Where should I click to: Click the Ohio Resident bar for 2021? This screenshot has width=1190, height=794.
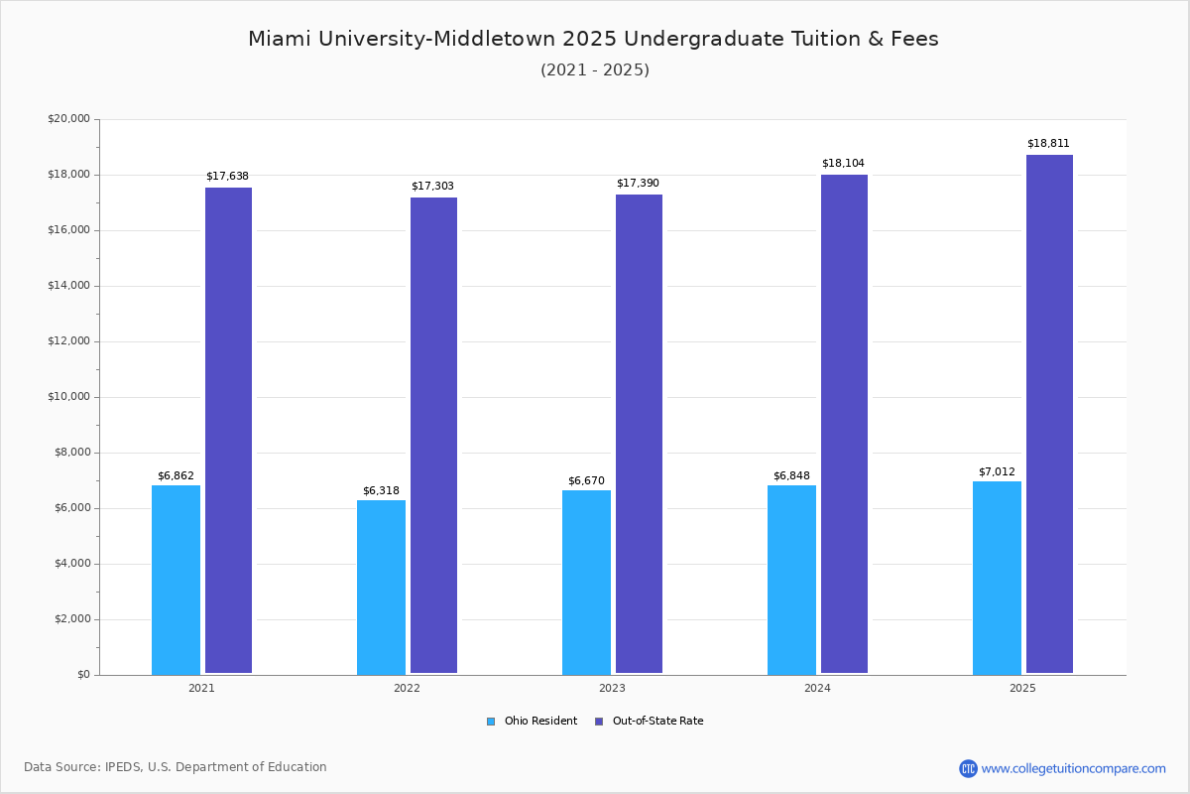[176, 580]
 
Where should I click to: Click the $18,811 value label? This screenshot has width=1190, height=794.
[1048, 144]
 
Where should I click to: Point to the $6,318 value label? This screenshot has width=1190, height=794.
[381, 491]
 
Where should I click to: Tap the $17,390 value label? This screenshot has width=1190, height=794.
[638, 184]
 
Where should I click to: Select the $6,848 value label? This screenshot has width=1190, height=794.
[791, 476]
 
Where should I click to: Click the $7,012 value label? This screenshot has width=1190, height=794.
[997, 472]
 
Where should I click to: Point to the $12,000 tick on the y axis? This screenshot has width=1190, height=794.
[68, 341]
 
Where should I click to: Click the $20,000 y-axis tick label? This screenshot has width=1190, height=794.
[68, 119]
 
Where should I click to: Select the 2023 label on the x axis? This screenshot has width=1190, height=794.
[612, 688]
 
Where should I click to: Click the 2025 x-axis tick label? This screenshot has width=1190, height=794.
[1022, 688]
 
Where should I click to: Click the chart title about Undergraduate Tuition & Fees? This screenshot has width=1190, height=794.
[593, 39]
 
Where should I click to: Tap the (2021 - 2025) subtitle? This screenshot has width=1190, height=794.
[595, 70]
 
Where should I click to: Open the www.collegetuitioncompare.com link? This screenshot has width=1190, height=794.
[1073, 768]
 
